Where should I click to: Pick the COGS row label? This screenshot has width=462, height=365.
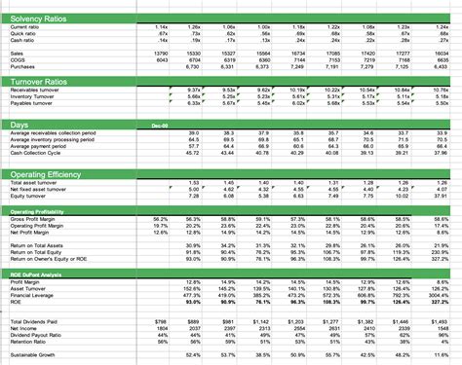pos(18,59)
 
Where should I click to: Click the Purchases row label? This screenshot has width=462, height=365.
pos(22,66)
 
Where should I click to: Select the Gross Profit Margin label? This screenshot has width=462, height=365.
pos(32,220)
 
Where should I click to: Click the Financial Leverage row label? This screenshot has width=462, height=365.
pos(32,297)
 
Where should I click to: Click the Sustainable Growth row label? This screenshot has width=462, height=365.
pos(30,357)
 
